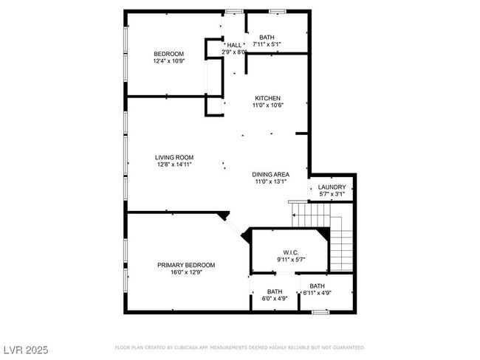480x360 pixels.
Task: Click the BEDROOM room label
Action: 168,54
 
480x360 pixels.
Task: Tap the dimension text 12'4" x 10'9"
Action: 168,61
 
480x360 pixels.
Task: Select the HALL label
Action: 234,45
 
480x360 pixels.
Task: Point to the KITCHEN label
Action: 267,98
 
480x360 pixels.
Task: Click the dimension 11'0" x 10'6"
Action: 267,105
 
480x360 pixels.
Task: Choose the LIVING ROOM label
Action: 174,158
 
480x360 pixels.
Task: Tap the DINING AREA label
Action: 270,175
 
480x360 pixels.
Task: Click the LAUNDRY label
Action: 332,187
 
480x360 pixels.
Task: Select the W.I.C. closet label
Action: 291,252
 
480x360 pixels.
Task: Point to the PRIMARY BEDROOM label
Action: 186,265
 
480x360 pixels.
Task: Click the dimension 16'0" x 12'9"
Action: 186,272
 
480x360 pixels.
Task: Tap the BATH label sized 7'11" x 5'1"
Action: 267,38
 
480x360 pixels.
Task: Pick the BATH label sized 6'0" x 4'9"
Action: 275,291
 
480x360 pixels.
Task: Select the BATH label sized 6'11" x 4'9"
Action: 317,286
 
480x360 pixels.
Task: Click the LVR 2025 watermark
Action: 26,350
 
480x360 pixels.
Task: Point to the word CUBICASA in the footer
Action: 186,347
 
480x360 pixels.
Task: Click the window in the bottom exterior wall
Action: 320,312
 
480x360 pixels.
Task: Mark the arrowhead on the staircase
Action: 294,215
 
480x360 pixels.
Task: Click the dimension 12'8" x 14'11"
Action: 174,165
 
